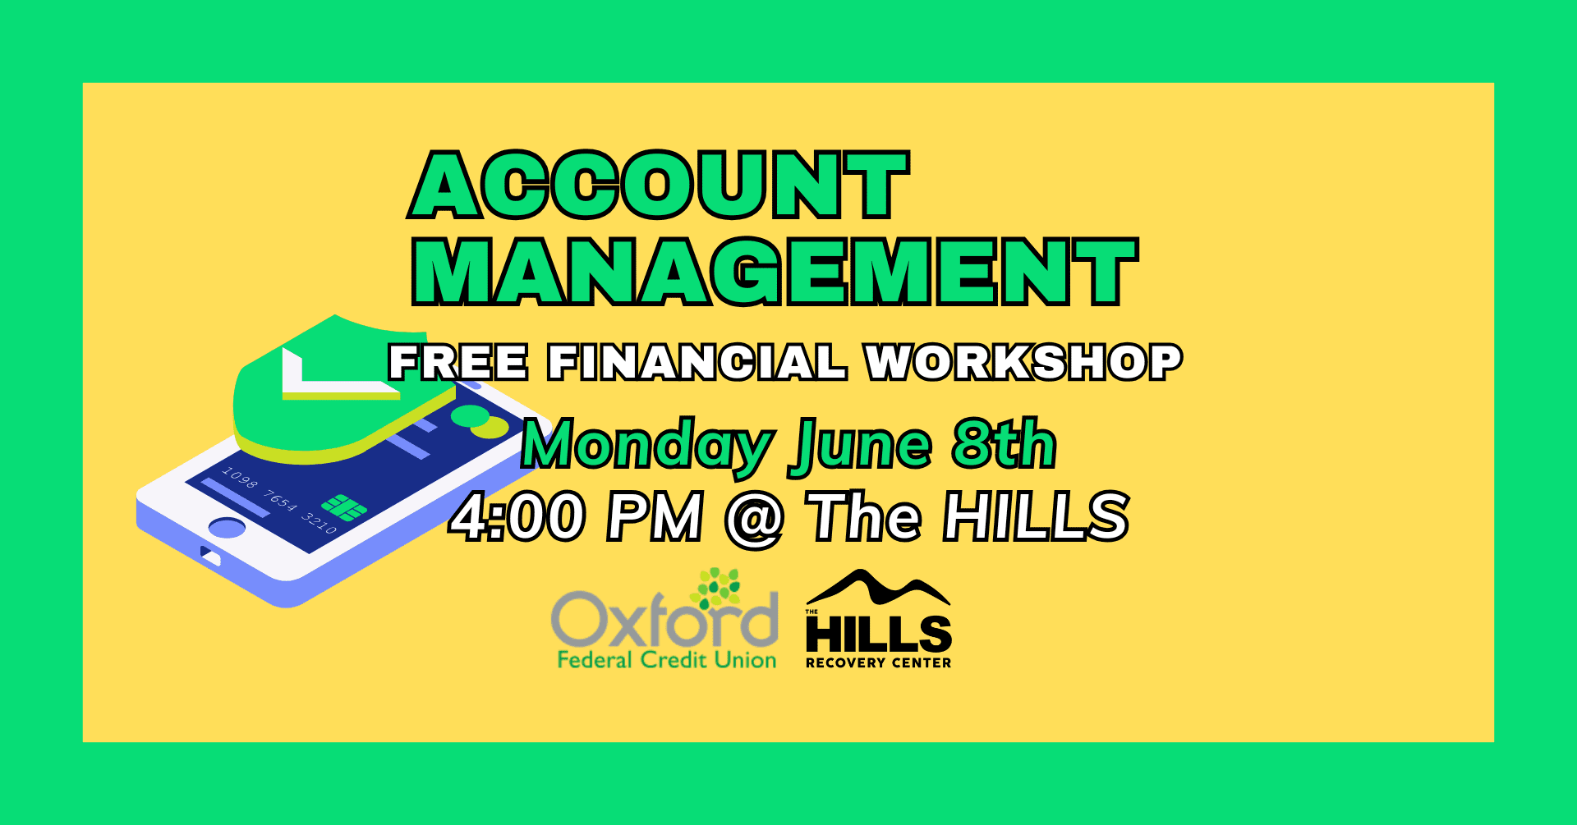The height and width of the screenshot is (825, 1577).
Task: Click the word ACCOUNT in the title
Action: (659, 185)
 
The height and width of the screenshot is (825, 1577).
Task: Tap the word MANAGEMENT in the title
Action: (775, 272)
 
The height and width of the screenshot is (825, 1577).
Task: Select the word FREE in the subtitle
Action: (458, 362)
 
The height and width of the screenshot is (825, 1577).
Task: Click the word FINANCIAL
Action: (697, 362)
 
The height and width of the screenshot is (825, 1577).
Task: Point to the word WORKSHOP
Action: (1024, 362)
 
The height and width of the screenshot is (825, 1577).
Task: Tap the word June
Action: (860, 447)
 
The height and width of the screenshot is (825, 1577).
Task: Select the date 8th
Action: (1005, 443)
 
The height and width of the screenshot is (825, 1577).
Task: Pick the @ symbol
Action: (754, 519)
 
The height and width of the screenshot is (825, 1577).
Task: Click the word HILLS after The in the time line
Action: (1037, 516)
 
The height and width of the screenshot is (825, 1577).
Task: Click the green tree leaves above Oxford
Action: (717, 589)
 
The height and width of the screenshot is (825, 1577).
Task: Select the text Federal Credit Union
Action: (667, 660)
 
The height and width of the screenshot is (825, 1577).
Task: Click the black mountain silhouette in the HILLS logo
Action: (878, 588)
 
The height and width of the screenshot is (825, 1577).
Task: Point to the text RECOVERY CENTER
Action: (878, 662)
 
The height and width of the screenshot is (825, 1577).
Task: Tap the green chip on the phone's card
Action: (344, 507)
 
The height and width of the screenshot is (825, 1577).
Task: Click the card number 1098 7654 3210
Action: (279, 500)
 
